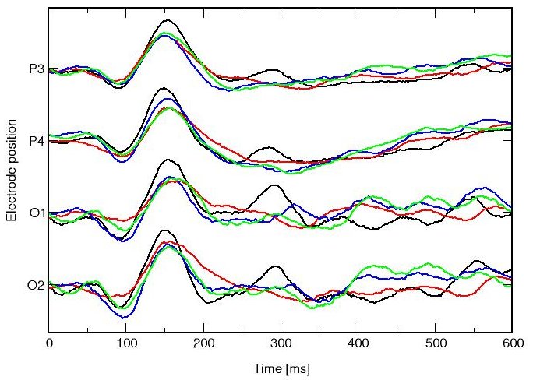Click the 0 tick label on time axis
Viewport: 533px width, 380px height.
click(49, 342)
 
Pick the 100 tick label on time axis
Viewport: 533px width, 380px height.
click(126, 342)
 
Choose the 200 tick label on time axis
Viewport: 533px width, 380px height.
click(203, 342)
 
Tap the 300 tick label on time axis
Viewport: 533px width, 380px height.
click(281, 342)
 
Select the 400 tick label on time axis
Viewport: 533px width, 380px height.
click(358, 342)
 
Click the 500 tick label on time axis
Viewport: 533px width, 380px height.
click(435, 342)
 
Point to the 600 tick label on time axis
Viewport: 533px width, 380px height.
click(510, 342)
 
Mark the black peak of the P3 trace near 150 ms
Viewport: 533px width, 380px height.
click(166, 20)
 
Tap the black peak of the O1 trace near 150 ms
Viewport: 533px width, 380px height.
click(166, 160)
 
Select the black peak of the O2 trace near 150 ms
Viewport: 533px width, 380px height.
click(164, 230)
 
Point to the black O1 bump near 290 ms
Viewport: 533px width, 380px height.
click(274, 185)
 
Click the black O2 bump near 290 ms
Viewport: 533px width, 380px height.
click(275, 266)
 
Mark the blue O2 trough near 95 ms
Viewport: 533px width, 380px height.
click(122, 318)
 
